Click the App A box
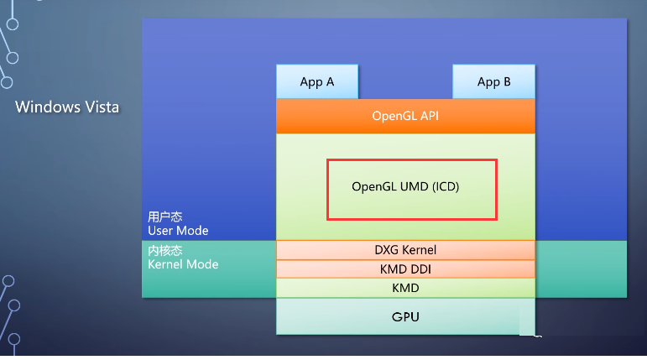coord(317,81)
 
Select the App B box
coord(493,81)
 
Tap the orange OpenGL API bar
coord(405,116)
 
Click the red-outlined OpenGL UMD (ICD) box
coord(412,159)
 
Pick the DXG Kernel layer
coord(405,250)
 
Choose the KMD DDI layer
coord(405,269)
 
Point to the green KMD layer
coord(405,288)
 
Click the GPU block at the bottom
coord(405,316)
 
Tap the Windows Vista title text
coord(67,107)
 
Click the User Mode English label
coord(178,231)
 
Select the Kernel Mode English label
coord(183,264)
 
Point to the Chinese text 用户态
coord(165,217)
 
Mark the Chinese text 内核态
coord(165,250)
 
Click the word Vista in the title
coord(102,107)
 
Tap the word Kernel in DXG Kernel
coord(420,250)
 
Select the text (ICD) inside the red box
coord(446,186)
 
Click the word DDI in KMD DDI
coord(421,269)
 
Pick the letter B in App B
coord(507,81)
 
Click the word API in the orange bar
coord(430,116)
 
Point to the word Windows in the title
coord(48,107)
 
